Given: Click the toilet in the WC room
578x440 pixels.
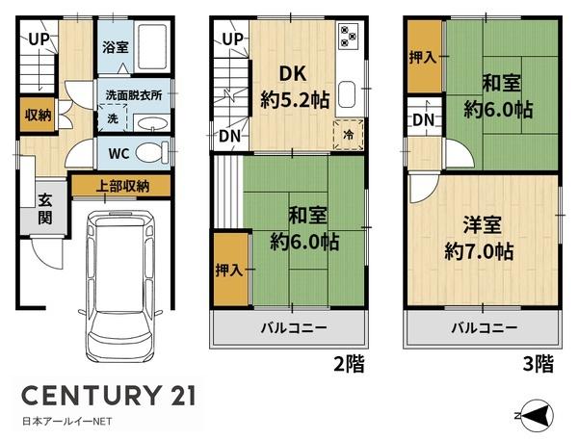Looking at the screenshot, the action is (152, 152).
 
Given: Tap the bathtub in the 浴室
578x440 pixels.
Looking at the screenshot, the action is (152, 47).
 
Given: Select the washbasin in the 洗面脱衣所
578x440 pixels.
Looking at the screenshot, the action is (151, 123).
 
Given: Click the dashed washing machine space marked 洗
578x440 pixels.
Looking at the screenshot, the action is (113, 117).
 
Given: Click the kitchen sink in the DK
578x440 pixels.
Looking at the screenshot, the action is (346, 93).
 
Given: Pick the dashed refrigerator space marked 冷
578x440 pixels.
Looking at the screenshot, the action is (349, 135).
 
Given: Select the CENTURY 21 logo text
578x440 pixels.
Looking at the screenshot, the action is (108, 395).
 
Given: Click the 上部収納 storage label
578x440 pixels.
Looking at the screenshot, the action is (122, 187).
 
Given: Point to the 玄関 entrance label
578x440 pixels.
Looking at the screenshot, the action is (45, 210).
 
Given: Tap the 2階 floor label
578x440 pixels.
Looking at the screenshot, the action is (349, 364).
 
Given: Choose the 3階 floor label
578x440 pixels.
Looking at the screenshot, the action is (539, 364).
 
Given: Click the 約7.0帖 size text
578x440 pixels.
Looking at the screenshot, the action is (479, 251).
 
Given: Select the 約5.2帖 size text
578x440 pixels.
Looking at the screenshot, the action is (295, 99).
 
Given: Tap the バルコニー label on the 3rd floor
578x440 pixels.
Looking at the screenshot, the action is (484, 327).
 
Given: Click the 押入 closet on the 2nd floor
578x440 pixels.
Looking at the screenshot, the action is (231, 270).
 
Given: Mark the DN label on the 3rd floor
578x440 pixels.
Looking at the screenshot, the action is (424, 120).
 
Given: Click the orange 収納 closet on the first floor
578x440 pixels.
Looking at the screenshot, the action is (38, 115).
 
